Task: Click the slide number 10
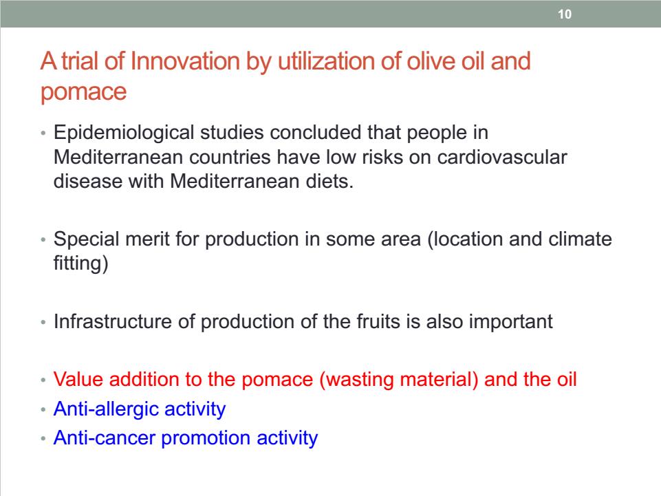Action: click(x=565, y=14)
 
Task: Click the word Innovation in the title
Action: click(x=186, y=61)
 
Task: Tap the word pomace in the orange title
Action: click(x=83, y=92)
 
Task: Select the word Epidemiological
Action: click(x=124, y=133)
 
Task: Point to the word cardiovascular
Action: click(x=502, y=158)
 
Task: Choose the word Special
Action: click(x=87, y=239)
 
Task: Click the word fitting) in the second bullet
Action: click(x=81, y=263)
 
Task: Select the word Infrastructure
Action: click(x=113, y=322)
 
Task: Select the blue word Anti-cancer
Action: click(x=105, y=438)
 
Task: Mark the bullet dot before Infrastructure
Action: click(x=43, y=323)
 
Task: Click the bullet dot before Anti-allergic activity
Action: click(x=43, y=409)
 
